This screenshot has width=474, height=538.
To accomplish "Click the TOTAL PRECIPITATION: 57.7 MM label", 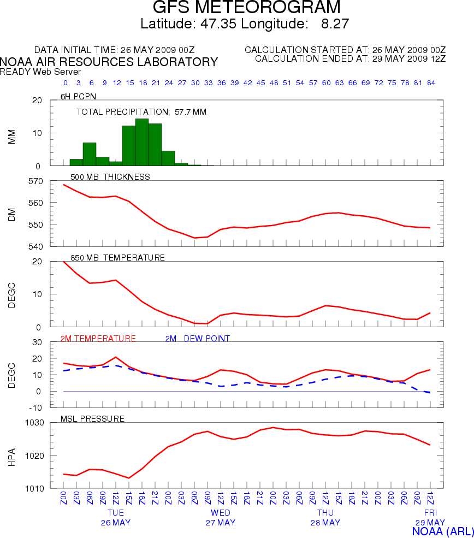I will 141,112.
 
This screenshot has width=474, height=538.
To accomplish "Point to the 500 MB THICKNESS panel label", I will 110,176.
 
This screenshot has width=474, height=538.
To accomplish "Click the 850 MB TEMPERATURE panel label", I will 117,257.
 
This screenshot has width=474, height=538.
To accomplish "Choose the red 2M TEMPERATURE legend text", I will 98,339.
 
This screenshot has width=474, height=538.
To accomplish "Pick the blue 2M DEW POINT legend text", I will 197,339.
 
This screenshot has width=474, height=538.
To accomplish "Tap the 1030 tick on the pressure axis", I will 33,423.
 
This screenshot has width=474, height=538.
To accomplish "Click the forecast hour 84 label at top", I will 430,83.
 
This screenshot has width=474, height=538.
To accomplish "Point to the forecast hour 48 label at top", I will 274,83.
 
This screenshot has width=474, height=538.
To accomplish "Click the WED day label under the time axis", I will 221,513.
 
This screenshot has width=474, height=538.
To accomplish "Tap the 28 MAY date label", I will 325,523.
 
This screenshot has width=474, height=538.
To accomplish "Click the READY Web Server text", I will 40,72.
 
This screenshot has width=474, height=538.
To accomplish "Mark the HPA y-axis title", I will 12,455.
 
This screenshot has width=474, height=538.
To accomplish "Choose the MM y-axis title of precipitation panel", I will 12,137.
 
